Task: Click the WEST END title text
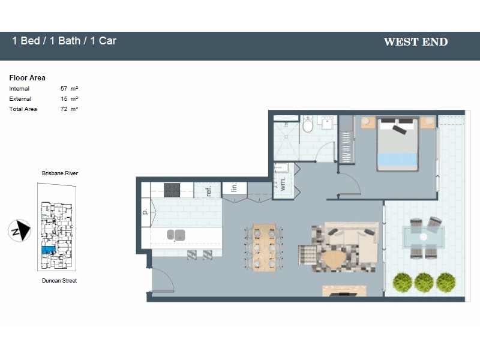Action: pyautogui.click(x=415, y=42)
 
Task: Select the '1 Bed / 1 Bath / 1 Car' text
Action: pyautogui.click(x=64, y=41)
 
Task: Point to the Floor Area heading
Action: pyautogui.click(x=27, y=78)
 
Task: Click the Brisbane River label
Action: pyautogui.click(x=59, y=173)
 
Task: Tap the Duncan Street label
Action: pyautogui.click(x=59, y=280)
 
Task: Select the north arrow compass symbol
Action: pyautogui.click(x=20, y=230)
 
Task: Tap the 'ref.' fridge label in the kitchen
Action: pyautogui.click(x=209, y=191)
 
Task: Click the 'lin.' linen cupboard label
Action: pyautogui.click(x=235, y=188)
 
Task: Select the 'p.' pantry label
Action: pyautogui.click(x=145, y=211)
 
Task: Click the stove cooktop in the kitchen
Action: pyautogui.click(x=173, y=190)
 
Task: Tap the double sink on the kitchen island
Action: pyautogui.click(x=176, y=234)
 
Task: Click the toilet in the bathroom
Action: pyautogui.click(x=308, y=125)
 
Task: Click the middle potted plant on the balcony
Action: pyautogui.click(x=424, y=281)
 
